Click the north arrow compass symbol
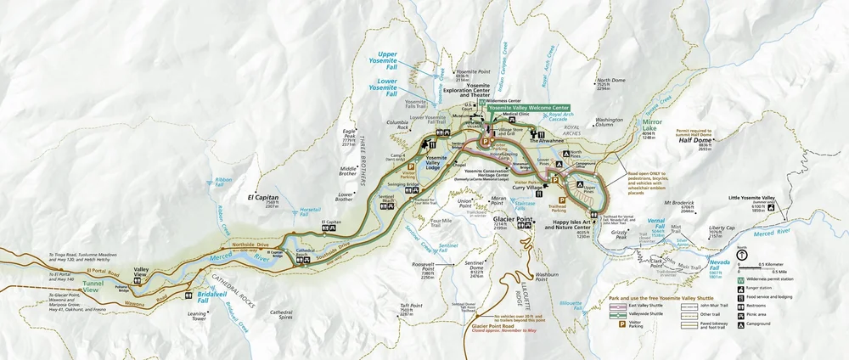point(743,255)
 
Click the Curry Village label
point(526,187)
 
